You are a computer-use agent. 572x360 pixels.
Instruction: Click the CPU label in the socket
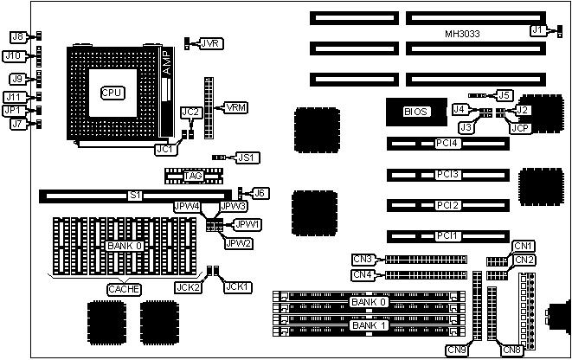click(x=112, y=92)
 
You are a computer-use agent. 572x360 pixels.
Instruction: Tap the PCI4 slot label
click(x=447, y=143)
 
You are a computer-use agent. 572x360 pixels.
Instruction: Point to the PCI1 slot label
click(x=447, y=235)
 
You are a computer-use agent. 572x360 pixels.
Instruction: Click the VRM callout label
click(x=235, y=107)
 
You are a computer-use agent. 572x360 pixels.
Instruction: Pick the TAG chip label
click(x=193, y=177)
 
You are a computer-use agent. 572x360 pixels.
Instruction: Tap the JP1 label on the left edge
click(x=13, y=111)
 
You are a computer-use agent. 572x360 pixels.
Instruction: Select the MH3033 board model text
click(x=463, y=34)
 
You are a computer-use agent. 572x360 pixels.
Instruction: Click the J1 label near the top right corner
click(x=538, y=29)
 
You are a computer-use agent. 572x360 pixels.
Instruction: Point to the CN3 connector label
click(x=363, y=259)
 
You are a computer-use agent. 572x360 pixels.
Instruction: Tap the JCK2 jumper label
click(x=190, y=287)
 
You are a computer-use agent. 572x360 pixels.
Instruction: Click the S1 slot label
click(x=135, y=196)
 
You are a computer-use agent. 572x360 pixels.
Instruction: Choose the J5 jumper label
click(x=504, y=94)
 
